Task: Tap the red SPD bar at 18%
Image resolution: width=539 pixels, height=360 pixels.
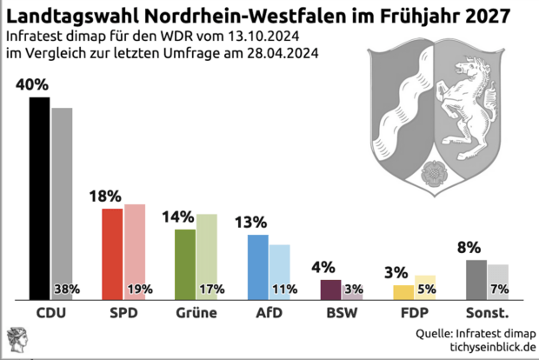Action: [112, 253]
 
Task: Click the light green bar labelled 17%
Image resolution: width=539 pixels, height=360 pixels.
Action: [207, 252]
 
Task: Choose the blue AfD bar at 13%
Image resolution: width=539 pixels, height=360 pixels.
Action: [258, 265]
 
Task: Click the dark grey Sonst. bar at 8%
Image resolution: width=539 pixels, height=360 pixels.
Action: [476, 278]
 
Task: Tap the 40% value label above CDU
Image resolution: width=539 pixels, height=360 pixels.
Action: [31, 85]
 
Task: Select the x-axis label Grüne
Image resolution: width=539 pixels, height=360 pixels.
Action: [196, 311]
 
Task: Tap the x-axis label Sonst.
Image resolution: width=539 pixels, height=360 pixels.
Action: [487, 311]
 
